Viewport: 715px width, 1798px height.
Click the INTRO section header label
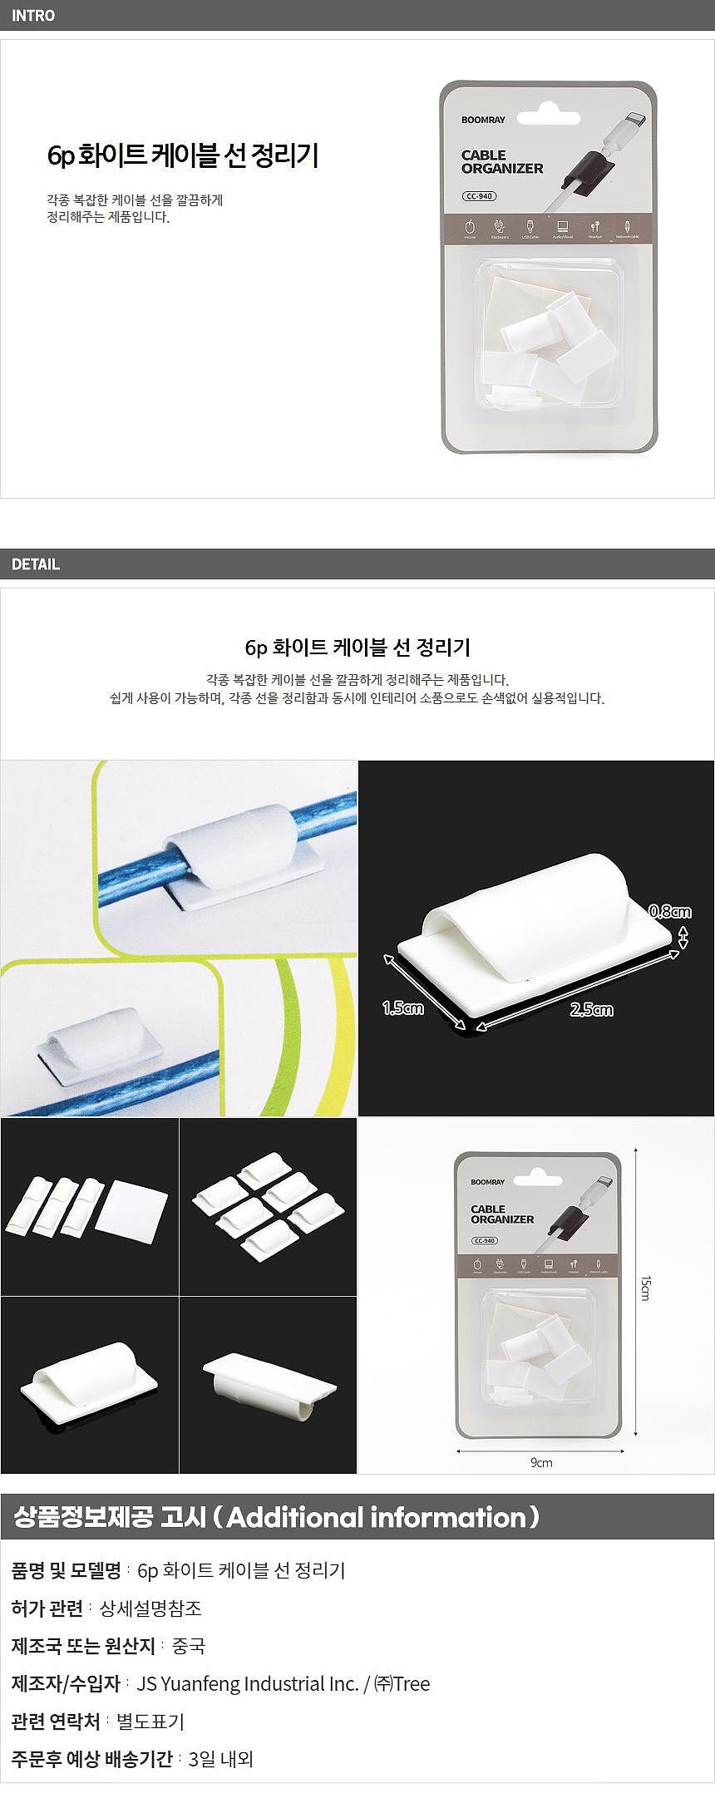pyautogui.click(x=33, y=16)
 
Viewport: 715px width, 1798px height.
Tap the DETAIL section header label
pyautogui.click(x=36, y=564)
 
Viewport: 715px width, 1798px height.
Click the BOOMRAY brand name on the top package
pyautogui.click(x=483, y=120)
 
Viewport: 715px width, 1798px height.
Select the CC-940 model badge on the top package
pyautogui.click(x=480, y=196)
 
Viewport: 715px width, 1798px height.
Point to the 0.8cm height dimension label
pyautogui.click(x=670, y=912)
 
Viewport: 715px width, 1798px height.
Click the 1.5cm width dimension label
pyautogui.click(x=403, y=1008)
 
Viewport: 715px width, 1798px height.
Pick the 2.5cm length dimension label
pyautogui.click(x=591, y=1010)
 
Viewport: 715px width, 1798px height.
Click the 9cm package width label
pyautogui.click(x=541, y=1462)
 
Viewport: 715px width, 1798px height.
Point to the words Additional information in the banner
pyautogui.click(x=377, y=1517)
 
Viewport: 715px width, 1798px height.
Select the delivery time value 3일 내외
pyautogui.click(x=220, y=1758)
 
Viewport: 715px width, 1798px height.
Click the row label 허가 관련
pyautogui.click(x=47, y=1608)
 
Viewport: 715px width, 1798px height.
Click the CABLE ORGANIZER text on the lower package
pyautogui.click(x=502, y=1214)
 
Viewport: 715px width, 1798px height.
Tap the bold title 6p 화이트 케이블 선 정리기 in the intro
pyautogui.click(x=183, y=155)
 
